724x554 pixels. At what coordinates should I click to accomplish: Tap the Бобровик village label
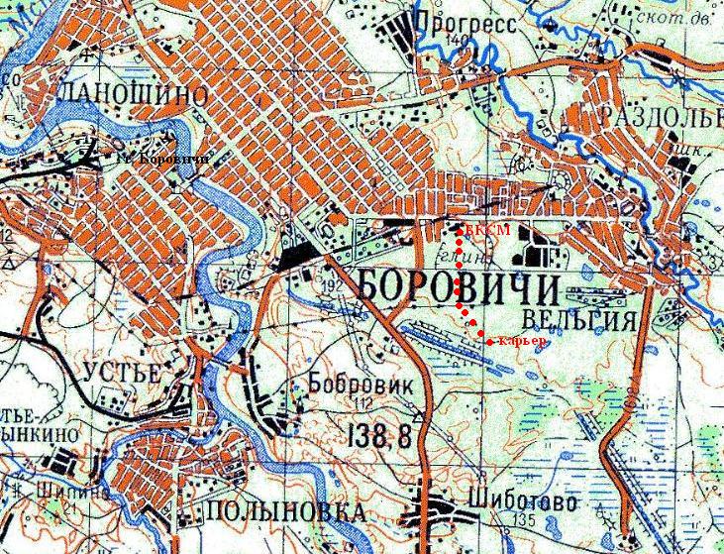tap(353, 381)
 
